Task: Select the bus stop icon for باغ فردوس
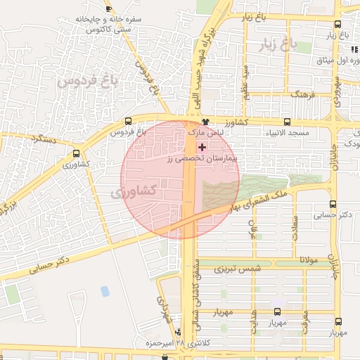coord(128,121)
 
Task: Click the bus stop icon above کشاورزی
coord(76,153)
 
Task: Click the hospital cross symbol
coord(202,147)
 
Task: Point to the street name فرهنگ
coord(306,93)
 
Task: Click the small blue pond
coord(105,290)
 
